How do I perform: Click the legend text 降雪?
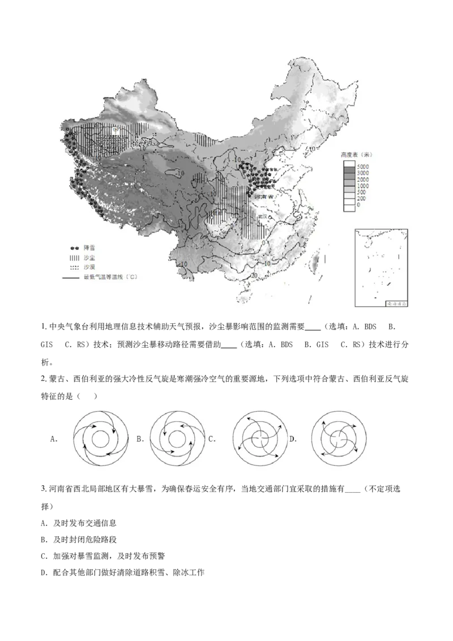point(89,248)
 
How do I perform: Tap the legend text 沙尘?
point(89,258)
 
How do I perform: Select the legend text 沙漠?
point(89,267)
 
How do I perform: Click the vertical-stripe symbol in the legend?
point(74,258)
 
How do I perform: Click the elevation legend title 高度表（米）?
point(356,155)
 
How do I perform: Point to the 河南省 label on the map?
point(263,196)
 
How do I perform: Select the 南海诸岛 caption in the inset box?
point(397,304)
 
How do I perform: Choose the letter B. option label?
point(140,439)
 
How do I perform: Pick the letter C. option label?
point(212,439)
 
